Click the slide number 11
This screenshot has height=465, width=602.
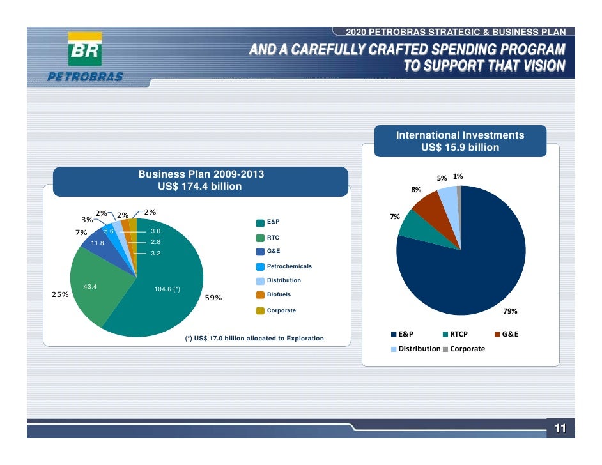[x=560, y=429]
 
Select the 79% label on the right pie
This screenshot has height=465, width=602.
[x=509, y=311]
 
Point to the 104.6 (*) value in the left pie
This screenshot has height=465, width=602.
[x=167, y=289]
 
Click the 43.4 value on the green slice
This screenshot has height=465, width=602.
[x=90, y=287]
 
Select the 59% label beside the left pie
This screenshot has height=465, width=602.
[x=213, y=298]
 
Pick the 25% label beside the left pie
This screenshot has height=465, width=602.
[x=60, y=295]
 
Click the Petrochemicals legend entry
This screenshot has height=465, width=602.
[x=288, y=266]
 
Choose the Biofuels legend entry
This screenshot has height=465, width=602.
[x=279, y=295]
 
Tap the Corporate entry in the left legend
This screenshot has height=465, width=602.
[x=281, y=310]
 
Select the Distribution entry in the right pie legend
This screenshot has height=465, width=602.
[x=419, y=349]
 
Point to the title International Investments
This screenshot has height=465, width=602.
[x=459, y=135]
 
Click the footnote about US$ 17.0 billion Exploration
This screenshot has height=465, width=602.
[x=254, y=338]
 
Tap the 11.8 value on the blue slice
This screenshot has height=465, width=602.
[x=97, y=243]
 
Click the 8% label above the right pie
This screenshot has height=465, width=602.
[x=416, y=190]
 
